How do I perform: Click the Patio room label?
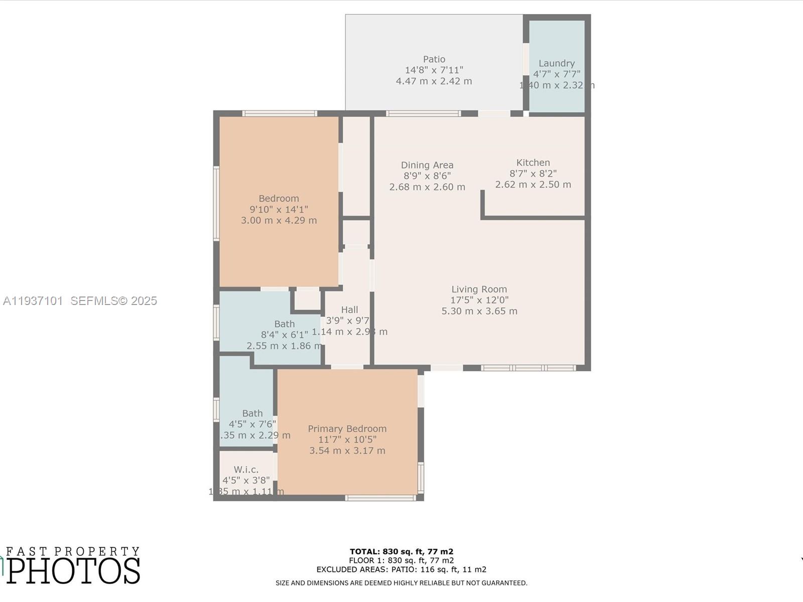434,59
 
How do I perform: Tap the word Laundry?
556,63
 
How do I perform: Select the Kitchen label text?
533,163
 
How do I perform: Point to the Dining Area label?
427,165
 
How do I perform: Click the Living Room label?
479,289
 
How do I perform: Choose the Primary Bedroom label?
347,429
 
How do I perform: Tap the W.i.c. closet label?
246,470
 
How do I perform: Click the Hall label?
349,310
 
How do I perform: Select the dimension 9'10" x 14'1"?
279,210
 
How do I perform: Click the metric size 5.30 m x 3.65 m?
479,311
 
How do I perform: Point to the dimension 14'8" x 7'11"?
434,70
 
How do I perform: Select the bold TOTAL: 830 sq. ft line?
401,552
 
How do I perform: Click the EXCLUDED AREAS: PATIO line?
401,570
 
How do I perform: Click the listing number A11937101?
33,301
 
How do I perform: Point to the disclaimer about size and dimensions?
401,583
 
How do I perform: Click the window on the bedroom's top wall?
280,113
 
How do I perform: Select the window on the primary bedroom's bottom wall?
380,498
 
